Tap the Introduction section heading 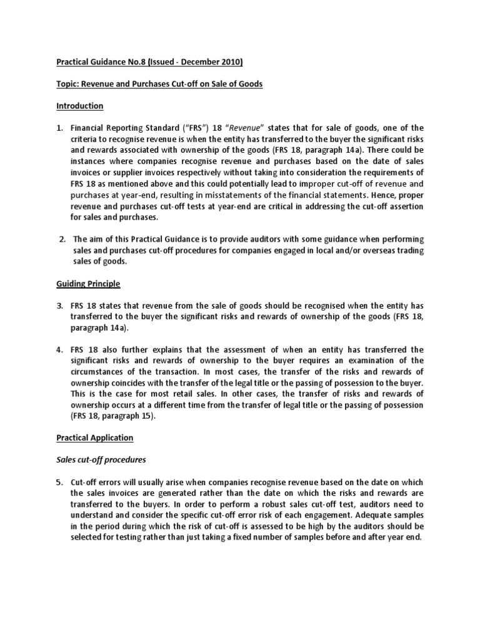pyautogui.click(x=80, y=106)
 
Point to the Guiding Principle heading pyautogui.click(x=88, y=284)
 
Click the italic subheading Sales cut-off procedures pyautogui.click(x=100, y=460)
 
